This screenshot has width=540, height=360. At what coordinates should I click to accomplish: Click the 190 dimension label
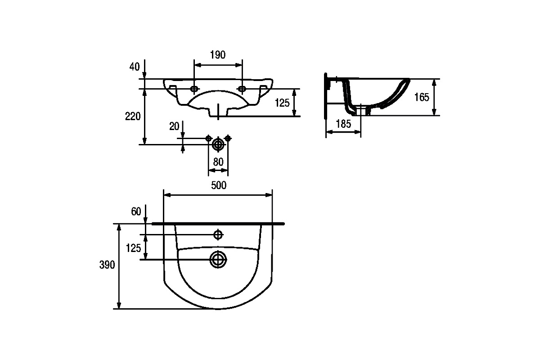click(x=218, y=55)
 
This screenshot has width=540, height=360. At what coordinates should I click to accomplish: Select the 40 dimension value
click(x=134, y=67)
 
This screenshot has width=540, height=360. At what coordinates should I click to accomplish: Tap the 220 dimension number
click(x=133, y=117)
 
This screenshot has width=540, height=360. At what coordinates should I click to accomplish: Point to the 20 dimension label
click(x=174, y=126)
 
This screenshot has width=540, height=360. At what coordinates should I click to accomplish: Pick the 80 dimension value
click(x=218, y=162)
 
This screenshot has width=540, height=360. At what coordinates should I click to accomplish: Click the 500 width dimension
click(x=219, y=185)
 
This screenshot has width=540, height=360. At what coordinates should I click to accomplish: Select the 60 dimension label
click(x=136, y=211)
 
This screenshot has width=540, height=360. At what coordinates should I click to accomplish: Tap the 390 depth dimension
click(x=107, y=265)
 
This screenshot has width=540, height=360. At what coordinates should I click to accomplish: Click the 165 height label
click(x=422, y=97)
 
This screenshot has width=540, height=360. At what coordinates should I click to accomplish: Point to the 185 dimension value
click(x=343, y=124)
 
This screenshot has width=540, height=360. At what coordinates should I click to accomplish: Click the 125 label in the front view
click(x=282, y=103)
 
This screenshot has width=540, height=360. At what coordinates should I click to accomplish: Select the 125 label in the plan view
click(x=133, y=248)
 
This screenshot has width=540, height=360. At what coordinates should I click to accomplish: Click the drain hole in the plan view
click(x=218, y=260)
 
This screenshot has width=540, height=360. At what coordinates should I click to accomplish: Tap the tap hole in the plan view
click(x=218, y=234)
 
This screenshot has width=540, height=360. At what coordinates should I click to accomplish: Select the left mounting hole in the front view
click(x=194, y=89)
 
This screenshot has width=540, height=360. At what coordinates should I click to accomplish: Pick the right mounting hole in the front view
click(x=242, y=89)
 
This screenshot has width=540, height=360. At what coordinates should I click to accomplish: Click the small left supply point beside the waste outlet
click(x=208, y=139)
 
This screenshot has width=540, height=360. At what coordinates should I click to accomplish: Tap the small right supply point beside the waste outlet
click(x=228, y=139)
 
